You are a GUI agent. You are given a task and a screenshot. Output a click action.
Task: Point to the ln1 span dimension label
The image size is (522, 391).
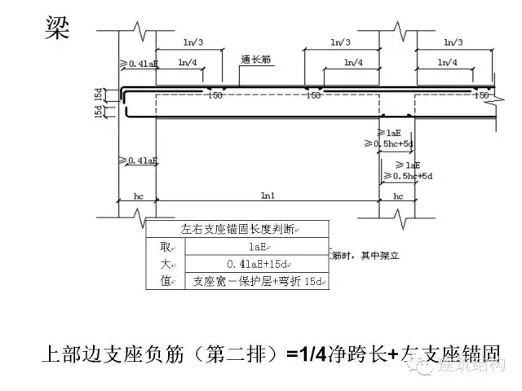pos(268,196)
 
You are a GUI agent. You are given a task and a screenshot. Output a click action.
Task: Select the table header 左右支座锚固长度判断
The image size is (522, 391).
pos(238,229)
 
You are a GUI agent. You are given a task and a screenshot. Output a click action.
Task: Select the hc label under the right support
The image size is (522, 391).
pos(398,196)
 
